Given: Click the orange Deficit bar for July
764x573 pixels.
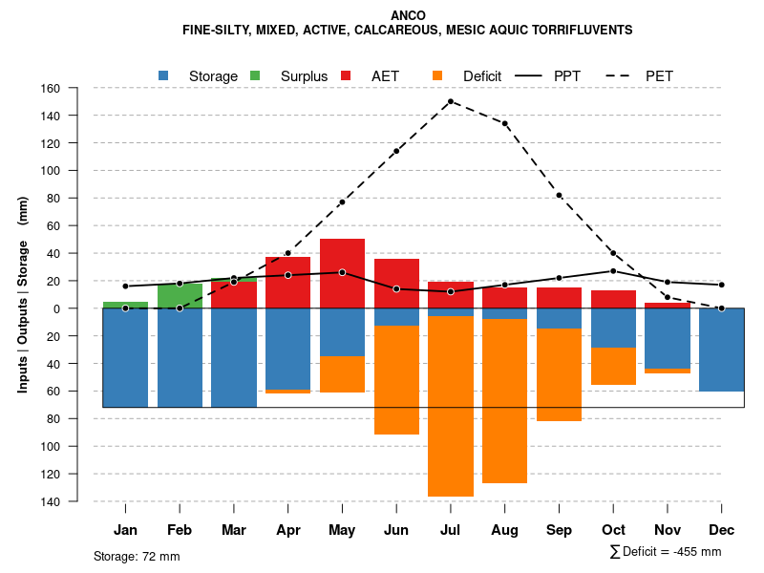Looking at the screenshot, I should [x=451, y=406].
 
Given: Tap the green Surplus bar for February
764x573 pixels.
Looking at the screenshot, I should [x=180, y=296].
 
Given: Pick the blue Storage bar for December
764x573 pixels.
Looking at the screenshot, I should [x=721, y=350].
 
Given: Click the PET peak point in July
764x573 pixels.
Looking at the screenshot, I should [x=451, y=101].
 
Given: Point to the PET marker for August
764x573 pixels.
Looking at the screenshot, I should [x=505, y=123].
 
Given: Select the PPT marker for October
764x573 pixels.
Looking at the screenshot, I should [x=613, y=271].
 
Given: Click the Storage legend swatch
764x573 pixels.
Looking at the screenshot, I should [x=164, y=75].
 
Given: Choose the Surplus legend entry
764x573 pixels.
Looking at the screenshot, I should [x=304, y=75].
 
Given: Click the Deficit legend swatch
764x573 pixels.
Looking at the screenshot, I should [x=436, y=75].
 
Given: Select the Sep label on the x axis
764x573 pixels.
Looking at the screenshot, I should [x=559, y=530].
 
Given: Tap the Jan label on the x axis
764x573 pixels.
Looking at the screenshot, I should [x=126, y=530].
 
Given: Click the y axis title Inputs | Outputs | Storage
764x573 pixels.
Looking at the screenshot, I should [x=23, y=294].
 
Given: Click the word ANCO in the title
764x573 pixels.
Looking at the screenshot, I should [x=409, y=15].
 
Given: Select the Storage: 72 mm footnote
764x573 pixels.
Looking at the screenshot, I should [x=137, y=556].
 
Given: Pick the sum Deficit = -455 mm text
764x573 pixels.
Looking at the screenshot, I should [x=665, y=552].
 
